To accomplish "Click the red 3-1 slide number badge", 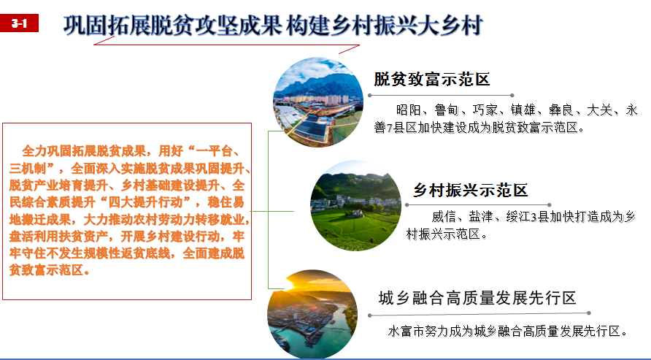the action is pyautogui.click(x=19, y=23).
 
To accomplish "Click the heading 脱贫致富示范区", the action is pyautogui.click(x=432, y=79).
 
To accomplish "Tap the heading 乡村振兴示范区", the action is pyautogui.click(x=470, y=190).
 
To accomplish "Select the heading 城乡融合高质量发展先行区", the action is pyautogui.click(x=477, y=298).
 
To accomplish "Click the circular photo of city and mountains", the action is pyautogui.click(x=318, y=102).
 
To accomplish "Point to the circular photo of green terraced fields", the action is pyautogui.click(x=356, y=206).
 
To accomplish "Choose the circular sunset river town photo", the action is pyautogui.click(x=312, y=314).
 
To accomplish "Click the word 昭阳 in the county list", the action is pyautogui.click(x=409, y=110).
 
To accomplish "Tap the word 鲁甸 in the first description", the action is pyautogui.click(x=447, y=110).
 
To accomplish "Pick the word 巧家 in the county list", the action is pyautogui.click(x=485, y=110).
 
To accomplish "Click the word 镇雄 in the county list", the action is pyautogui.click(x=523, y=110).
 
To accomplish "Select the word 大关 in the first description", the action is pyautogui.click(x=599, y=110).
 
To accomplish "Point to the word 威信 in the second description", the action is pyautogui.click(x=444, y=217).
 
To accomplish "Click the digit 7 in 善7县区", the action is pyautogui.click(x=390, y=129).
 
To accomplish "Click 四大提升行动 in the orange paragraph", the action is pyautogui.click(x=145, y=202).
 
